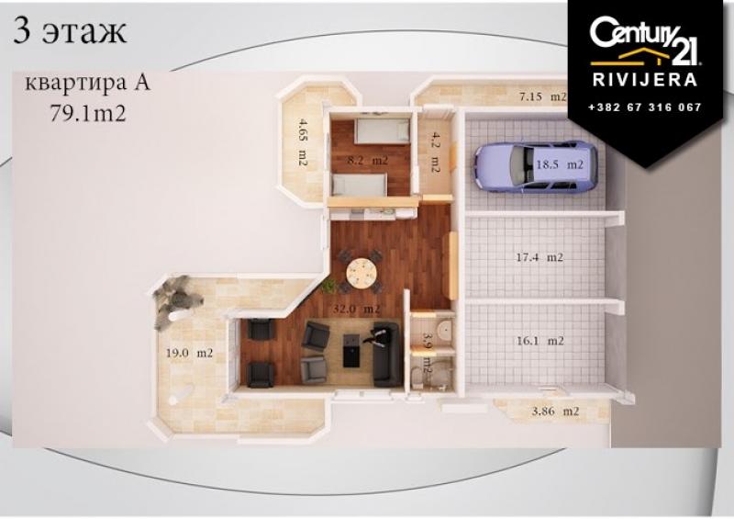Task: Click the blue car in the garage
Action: pyautogui.click(x=536, y=167)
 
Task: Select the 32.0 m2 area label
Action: pyautogui.click(x=356, y=310)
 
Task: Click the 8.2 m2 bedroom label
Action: pyautogui.click(x=367, y=161)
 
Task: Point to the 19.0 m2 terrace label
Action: pyautogui.click(x=189, y=353)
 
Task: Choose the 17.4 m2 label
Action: pyautogui.click(x=539, y=257)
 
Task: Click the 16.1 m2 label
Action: pyautogui.click(x=540, y=341)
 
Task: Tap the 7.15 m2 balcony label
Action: pyautogui.click(x=542, y=96)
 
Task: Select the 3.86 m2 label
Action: pyautogui.click(x=556, y=412)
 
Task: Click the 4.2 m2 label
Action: pyautogui.click(x=435, y=152)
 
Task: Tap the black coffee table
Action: pyautogui.click(x=352, y=350)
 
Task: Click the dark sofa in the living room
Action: pyautogui.click(x=385, y=354)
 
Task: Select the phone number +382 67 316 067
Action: pyautogui.click(x=645, y=107)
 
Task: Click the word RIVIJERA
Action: pyautogui.click(x=645, y=80)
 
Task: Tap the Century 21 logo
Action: pyautogui.click(x=645, y=41)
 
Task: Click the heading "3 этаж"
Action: pyautogui.click(x=71, y=31)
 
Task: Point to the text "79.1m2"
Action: pyautogui.click(x=88, y=113)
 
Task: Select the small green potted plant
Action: pyautogui.click(x=328, y=286)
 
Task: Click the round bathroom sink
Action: pyautogui.click(x=445, y=329)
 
